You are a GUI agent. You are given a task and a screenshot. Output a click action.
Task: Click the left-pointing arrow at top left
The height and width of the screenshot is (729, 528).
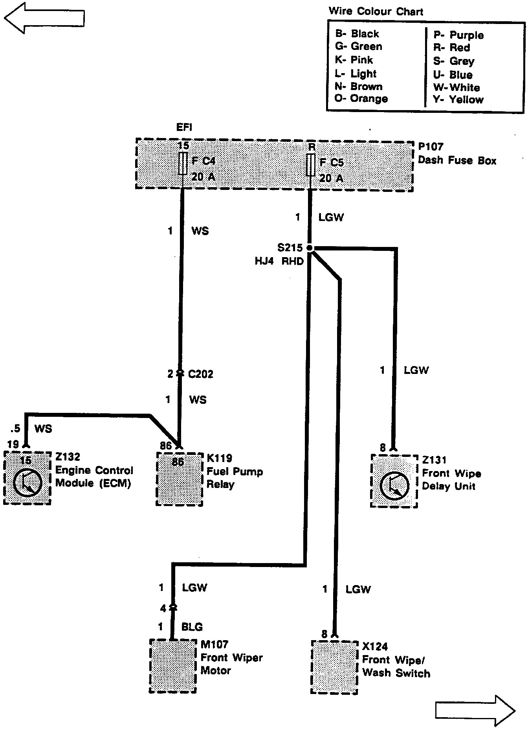pyautogui.click(x=44, y=17)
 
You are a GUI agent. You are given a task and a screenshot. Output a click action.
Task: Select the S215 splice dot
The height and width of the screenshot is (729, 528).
pyautogui.click(x=310, y=248)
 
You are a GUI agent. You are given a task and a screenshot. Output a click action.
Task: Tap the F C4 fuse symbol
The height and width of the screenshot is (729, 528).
pyautogui.click(x=183, y=164)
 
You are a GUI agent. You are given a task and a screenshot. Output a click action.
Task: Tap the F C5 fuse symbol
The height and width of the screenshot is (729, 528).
pyautogui.click(x=311, y=165)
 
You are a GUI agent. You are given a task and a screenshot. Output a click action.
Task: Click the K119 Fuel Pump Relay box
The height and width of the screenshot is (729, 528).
pyautogui.click(x=180, y=479)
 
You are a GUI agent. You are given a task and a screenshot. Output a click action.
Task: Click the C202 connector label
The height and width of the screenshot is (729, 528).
pyautogui.click(x=200, y=374)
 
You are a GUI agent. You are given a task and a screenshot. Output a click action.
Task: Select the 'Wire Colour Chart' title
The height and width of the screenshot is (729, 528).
pyautogui.click(x=376, y=11)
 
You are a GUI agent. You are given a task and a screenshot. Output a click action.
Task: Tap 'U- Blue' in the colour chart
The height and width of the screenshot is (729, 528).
pyautogui.click(x=453, y=75)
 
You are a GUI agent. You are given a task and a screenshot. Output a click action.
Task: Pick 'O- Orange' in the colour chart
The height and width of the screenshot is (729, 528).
pyautogui.click(x=361, y=99)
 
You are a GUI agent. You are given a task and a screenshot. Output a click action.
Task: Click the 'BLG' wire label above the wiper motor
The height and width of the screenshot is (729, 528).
pyautogui.click(x=192, y=626)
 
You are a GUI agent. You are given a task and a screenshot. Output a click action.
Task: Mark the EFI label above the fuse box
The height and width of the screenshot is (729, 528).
pyautogui.click(x=184, y=127)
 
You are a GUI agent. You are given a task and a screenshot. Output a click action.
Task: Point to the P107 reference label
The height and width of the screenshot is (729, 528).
pyautogui.click(x=431, y=147)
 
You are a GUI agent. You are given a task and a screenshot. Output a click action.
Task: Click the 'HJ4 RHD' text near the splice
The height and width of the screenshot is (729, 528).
pyautogui.click(x=279, y=261)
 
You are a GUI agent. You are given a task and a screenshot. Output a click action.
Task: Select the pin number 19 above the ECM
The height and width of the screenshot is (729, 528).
pyautogui.click(x=13, y=444)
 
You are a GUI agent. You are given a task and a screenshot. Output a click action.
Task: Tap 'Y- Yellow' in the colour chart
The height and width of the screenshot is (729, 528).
pyautogui.click(x=458, y=99)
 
